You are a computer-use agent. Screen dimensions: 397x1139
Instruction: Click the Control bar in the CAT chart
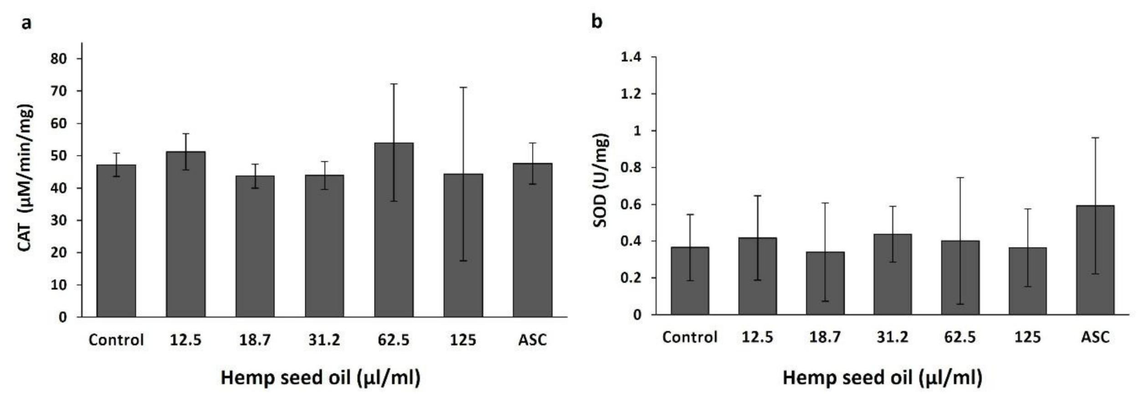pos(116,242)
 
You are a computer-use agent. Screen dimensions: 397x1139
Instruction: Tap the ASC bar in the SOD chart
pos(1095,260)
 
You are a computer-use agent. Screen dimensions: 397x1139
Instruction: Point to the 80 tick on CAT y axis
pos(59,59)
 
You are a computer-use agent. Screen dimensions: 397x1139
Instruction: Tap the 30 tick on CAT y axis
pos(59,221)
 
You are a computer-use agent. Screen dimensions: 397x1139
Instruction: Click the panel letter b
pos(597,21)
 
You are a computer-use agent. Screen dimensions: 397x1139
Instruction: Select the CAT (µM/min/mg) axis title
pos(26,178)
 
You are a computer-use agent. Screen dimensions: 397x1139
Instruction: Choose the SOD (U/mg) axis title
pos(601,180)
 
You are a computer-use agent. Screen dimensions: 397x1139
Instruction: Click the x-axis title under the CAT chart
pos(320,378)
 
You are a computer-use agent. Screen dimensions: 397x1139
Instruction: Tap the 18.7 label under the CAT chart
pos(255,340)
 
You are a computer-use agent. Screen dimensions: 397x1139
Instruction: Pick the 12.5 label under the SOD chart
pos(757,337)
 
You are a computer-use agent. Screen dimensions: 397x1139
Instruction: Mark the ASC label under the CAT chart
pos(532,340)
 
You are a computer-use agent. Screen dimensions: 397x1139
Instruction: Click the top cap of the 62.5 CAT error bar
pos(394,84)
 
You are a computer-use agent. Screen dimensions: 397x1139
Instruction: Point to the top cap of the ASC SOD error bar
pos(1095,138)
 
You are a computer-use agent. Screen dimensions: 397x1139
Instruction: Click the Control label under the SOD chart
pos(689,337)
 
